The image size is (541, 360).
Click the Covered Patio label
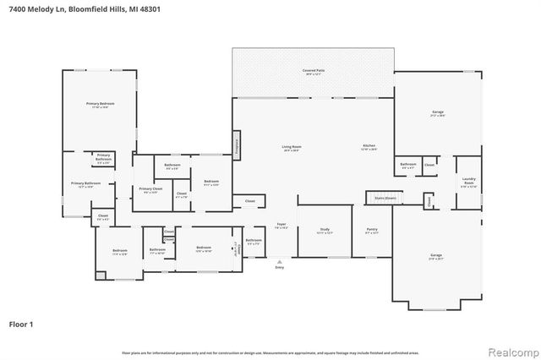pos(312,74)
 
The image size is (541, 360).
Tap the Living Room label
pos(292,148)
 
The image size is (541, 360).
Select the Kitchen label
pos(369,148)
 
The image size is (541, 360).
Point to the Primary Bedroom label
pos(100,106)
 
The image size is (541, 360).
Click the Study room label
pos(325,231)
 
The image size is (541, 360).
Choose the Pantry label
pos(372,231)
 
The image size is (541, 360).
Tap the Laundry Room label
pos(468,180)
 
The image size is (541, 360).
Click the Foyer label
pos(281,226)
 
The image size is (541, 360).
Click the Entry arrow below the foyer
pos(280,264)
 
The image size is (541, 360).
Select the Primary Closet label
pos(150,190)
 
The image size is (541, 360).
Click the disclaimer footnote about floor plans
pos(270,352)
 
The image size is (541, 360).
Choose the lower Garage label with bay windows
pos(436,256)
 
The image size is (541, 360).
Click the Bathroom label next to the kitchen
pos(408,166)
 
